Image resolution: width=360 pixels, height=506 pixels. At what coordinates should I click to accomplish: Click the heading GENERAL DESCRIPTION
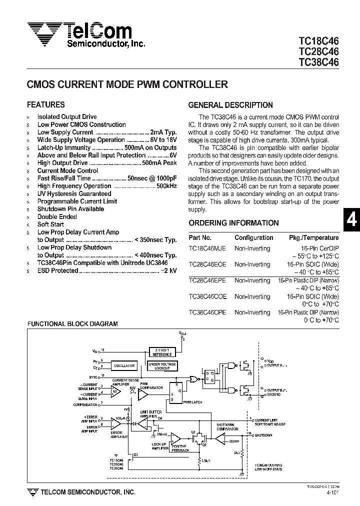coord(230,105)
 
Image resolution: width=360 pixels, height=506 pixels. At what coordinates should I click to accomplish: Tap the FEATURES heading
coord(45,105)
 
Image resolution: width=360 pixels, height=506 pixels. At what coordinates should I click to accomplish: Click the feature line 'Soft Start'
coord(50,224)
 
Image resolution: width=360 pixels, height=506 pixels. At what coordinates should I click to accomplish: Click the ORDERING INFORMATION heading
coord(233,223)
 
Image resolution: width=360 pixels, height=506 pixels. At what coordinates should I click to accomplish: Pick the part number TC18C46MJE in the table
coord(207,248)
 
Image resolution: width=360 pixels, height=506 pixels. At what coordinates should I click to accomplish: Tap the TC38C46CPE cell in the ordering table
coord(207,312)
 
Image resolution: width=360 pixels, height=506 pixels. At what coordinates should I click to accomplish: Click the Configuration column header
coord(253,238)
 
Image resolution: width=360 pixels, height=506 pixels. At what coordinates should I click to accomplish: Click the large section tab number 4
coord(351,220)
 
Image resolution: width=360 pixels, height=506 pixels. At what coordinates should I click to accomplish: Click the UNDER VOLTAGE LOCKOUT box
coord(162,366)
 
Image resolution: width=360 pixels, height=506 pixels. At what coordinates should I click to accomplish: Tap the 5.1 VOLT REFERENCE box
coord(162,352)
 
